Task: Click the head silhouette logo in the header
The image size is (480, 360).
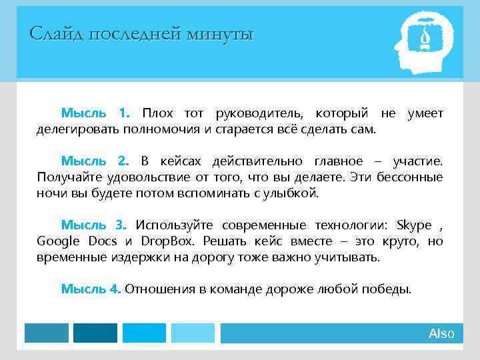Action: click(422, 43)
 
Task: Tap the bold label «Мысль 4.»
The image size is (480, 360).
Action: click(91, 289)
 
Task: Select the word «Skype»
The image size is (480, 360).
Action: click(413, 224)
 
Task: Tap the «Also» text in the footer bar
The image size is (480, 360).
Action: click(441, 333)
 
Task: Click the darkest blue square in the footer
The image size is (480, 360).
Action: click(95, 333)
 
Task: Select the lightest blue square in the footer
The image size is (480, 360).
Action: click(193, 333)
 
